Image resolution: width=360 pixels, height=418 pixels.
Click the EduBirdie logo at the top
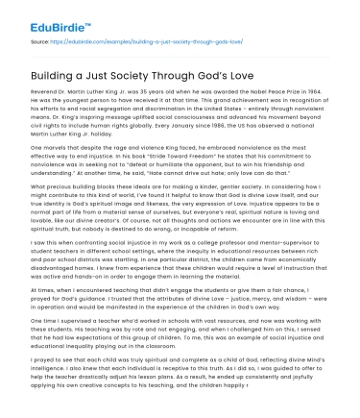(38, 12)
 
